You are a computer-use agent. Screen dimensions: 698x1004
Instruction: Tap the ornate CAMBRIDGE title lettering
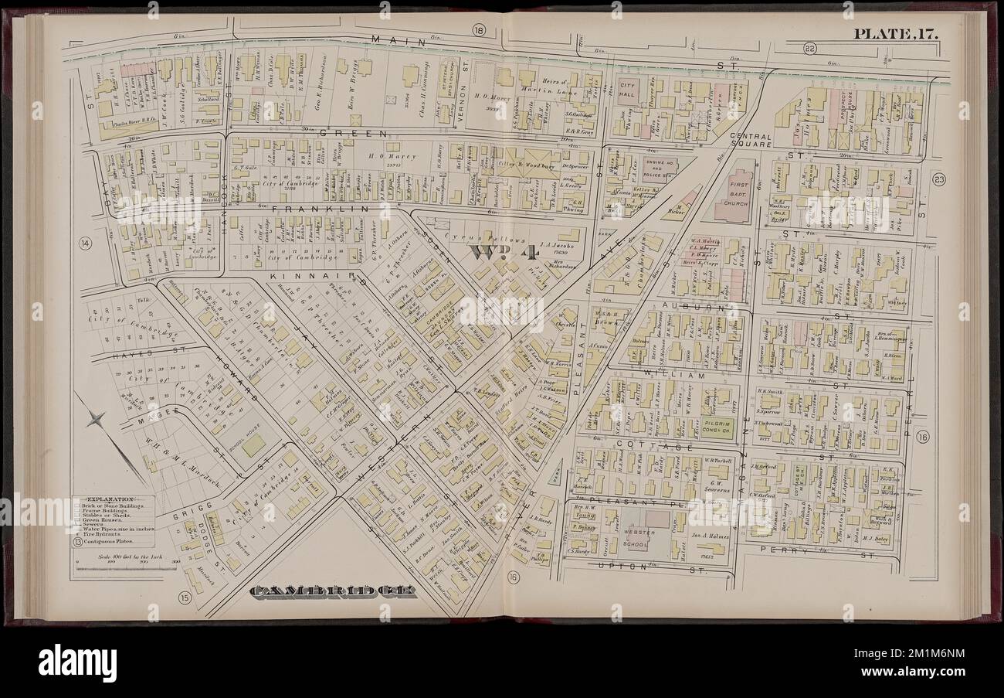coord(334,591)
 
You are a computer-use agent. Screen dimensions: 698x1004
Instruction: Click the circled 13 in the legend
coord(78,542)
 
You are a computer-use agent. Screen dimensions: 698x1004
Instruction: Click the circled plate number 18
coord(478,31)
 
